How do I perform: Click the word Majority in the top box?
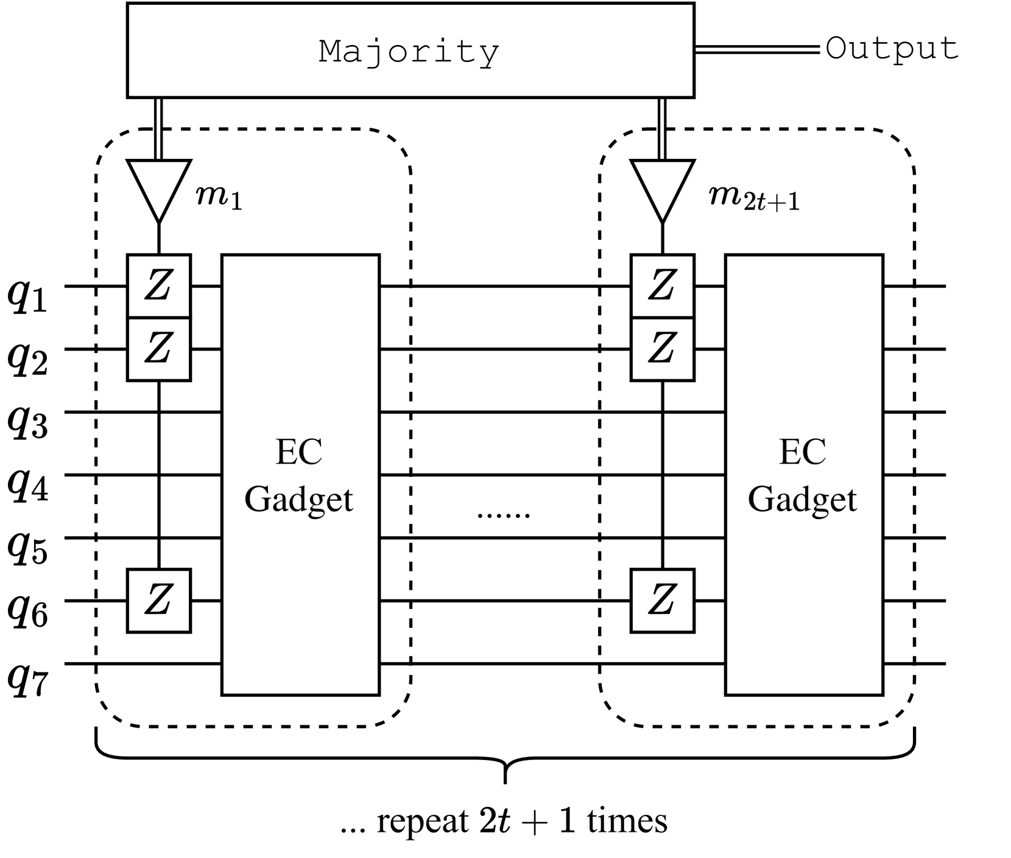tap(409, 52)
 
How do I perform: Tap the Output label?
tap(892, 49)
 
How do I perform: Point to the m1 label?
tap(219, 197)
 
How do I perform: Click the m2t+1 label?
tap(754, 197)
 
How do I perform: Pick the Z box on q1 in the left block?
tap(159, 286)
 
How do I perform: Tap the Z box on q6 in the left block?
tap(159, 601)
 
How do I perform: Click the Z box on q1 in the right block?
tap(662, 286)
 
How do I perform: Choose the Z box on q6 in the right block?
tap(662, 601)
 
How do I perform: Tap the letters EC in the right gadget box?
tap(803, 452)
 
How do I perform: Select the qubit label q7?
tap(27, 679)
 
